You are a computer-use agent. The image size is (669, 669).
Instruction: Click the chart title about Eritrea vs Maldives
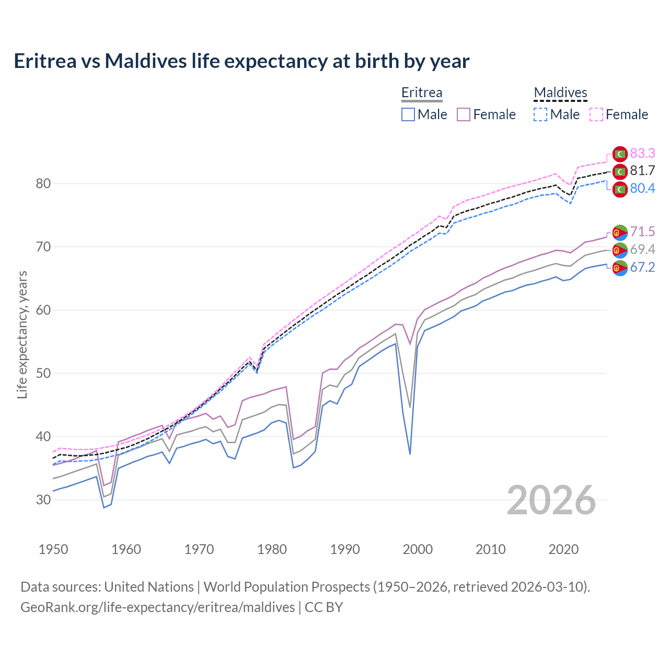pos(241,61)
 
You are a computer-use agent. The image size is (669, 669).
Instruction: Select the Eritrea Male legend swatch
pos(408,114)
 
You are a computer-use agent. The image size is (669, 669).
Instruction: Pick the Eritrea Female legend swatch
pos(464,114)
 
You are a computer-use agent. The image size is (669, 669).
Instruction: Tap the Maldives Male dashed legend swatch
pos(540,114)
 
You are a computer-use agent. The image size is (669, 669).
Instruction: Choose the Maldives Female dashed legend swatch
pos(596,114)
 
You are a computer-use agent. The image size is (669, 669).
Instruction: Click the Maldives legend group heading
pos(560,93)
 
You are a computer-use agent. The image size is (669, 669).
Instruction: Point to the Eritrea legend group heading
pos(422,93)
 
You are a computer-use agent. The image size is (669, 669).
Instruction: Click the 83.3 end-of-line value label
pos(642,153)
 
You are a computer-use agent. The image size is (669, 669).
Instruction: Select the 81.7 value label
pos(642,170)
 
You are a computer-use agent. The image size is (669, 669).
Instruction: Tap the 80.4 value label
pos(642,188)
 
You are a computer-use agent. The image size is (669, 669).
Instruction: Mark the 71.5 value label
pos(642,232)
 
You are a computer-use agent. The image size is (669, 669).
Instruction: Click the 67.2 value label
pos(642,268)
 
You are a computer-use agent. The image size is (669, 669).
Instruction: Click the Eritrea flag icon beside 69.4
pos(620,250)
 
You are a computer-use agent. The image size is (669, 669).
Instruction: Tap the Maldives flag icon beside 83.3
pos(620,154)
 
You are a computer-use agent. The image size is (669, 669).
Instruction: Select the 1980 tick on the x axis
pos(272,549)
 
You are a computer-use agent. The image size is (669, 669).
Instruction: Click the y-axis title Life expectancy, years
pos(22,334)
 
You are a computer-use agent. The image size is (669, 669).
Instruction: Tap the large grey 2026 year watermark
pos(551,500)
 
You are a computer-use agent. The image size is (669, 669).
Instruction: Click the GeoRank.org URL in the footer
pos(158,607)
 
